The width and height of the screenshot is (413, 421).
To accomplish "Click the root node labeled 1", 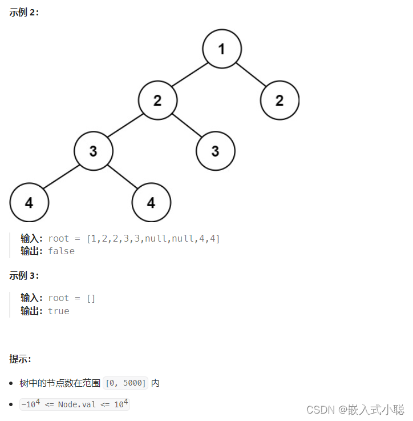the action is click(x=222, y=49).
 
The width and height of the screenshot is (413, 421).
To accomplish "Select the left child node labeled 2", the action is click(x=157, y=101).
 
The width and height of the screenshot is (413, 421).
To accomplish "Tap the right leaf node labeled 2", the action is click(x=280, y=101).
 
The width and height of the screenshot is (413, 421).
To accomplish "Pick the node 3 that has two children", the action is click(x=94, y=151).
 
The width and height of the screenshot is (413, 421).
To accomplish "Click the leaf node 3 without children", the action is click(x=215, y=151).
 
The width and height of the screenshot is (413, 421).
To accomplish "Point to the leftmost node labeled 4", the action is click(x=29, y=203).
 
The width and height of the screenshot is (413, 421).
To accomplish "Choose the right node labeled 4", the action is click(x=151, y=203).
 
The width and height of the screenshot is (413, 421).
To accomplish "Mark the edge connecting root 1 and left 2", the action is click(x=190, y=75).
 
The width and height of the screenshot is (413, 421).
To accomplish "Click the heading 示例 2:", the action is click(x=25, y=13).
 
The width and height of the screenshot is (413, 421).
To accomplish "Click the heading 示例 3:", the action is click(x=25, y=275).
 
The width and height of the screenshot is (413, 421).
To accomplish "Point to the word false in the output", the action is click(x=62, y=251).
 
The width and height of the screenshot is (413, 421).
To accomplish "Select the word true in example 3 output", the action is click(x=59, y=311).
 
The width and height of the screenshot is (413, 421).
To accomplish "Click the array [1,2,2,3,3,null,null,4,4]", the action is click(x=153, y=238).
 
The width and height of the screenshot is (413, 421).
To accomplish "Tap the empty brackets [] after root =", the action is click(x=91, y=298).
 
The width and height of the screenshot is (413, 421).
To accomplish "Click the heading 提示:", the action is click(x=21, y=359).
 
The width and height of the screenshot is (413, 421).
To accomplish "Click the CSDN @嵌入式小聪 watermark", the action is click(x=355, y=409).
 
